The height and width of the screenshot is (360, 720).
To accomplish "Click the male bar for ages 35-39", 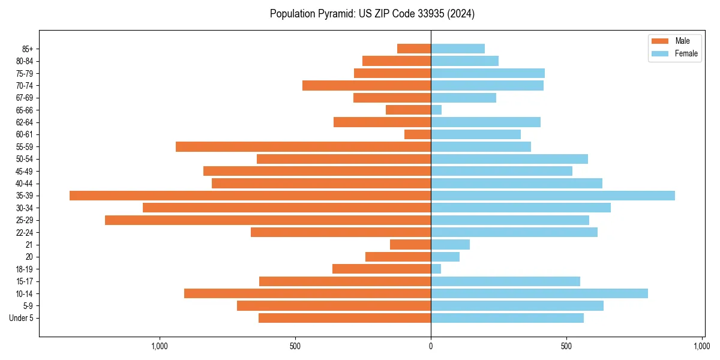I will point(250,196).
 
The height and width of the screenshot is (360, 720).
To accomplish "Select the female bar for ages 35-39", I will point(553,196).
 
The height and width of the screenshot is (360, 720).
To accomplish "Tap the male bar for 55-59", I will point(303,147).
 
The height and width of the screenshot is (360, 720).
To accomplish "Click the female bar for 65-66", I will point(436,110).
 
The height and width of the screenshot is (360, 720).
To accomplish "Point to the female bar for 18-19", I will point(436,269).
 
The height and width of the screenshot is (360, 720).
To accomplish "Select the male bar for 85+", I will point(414,49).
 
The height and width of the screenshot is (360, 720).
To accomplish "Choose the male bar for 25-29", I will point(268,220).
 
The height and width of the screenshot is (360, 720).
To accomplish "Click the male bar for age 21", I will point(410,245).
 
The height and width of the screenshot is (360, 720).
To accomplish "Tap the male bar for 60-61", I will point(418,134).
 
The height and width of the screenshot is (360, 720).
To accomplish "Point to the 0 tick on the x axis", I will point(431,346).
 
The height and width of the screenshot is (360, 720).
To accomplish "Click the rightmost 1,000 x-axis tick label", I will point(702,346).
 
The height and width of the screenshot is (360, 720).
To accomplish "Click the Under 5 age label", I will point(21,318).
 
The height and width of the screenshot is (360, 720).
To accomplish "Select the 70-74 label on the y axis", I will point(25,86).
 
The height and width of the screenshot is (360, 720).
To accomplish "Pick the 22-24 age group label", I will point(25,233).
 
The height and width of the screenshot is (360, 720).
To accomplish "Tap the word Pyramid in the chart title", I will point(332,14).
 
